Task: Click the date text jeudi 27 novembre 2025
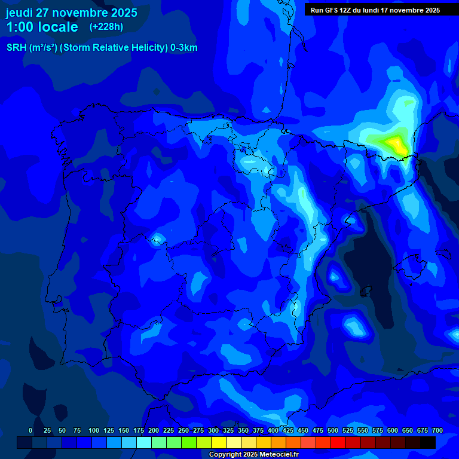click(72, 13)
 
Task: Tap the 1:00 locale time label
click(42, 27)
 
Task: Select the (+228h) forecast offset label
click(106, 26)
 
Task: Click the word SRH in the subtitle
click(17, 48)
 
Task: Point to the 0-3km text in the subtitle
click(183, 48)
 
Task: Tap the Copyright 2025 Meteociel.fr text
click(253, 454)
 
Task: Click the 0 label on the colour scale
click(30, 430)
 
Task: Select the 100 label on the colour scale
click(94, 430)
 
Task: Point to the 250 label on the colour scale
click(183, 430)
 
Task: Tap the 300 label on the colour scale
click(213, 430)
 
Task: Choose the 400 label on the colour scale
click(273, 430)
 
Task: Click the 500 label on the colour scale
click(333, 430)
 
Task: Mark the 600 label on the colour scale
click(393, 430)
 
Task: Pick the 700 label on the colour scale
click(437, 430)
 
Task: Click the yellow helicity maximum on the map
click(395, 143)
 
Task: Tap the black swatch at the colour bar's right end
click(428, 442)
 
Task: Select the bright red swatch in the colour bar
click(338, 442)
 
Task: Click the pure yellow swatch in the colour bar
click(219, 442)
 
